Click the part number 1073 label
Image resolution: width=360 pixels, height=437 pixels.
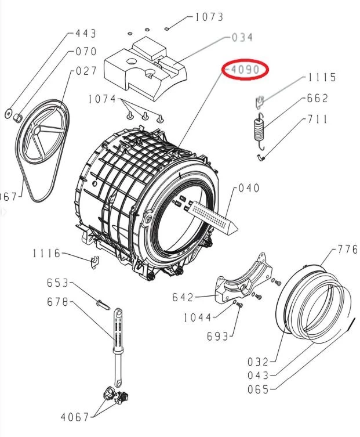click(x=209, y=17)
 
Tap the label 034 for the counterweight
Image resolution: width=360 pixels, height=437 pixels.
click(x=242, y=38)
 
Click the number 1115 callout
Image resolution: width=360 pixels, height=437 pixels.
click(x=322, y=78)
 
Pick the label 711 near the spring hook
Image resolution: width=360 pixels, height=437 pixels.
click(x=317, y=120)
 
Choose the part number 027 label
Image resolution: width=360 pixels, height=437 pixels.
click(x=86, y=71)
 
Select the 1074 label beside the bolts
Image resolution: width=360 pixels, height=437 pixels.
click(x=102, y=99)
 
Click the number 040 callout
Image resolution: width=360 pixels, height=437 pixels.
click(x=249, y=189)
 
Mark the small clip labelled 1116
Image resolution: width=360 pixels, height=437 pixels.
click(x=92, y=263)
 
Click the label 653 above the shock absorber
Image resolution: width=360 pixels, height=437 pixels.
click(x=58, y=283)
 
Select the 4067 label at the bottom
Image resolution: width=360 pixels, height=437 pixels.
click(x=75, y=417)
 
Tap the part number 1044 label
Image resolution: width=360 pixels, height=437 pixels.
click(x=197, y=317)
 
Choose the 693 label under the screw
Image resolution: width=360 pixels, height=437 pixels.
click(x=218, y=336)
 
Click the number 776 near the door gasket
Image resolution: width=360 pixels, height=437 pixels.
click(x=348, y=250)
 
